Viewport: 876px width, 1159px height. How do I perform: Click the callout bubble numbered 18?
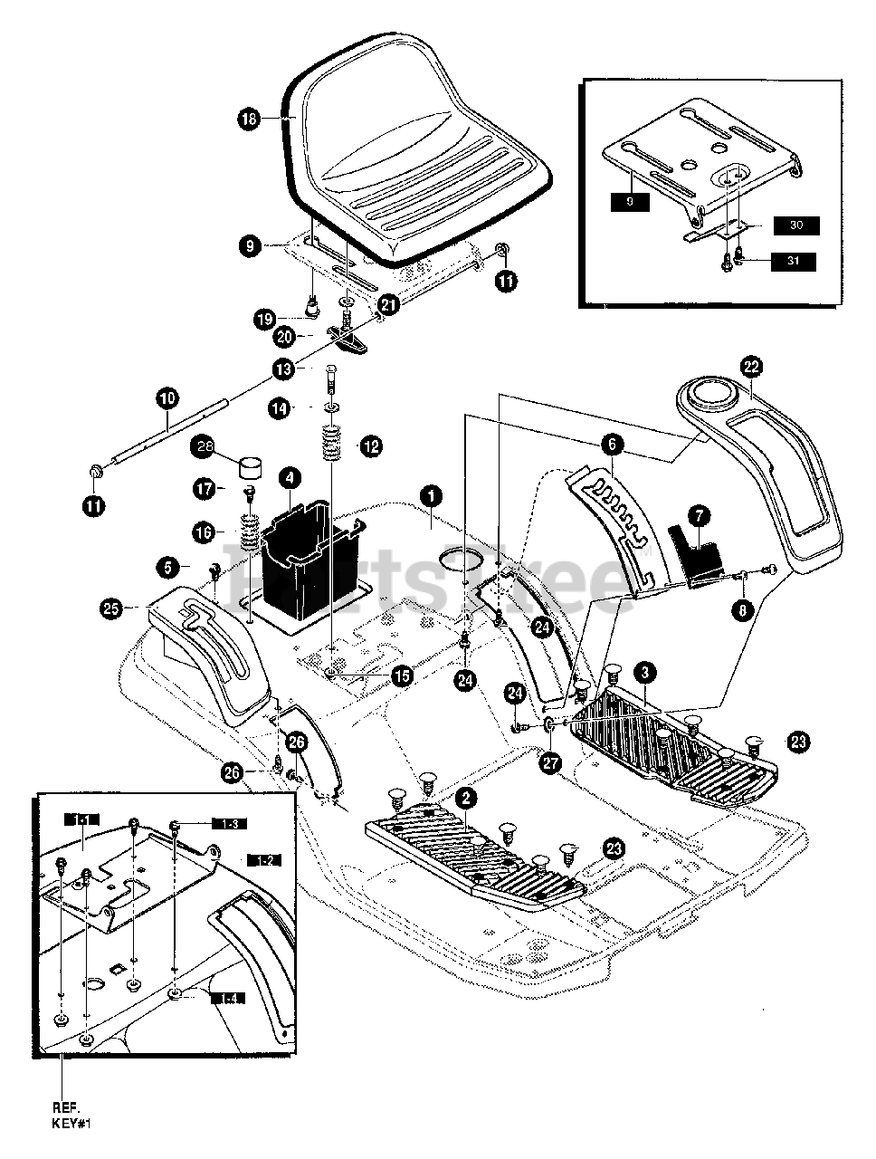click(x=250, y=118)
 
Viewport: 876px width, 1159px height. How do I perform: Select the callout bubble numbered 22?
click(x=751, y=367)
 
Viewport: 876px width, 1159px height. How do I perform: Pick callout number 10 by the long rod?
click(x=168, y=397)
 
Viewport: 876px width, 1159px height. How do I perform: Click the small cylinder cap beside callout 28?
click(x=249, y=469)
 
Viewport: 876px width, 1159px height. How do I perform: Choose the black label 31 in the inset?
click(x=794, y=262)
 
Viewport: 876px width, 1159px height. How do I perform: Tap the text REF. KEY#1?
click(x=72, y=1116)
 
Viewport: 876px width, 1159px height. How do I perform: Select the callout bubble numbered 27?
click(x=549, y=763)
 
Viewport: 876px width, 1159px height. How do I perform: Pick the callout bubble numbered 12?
click(x=370, y=445)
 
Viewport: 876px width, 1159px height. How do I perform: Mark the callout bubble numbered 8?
click(x=744, y=610)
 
